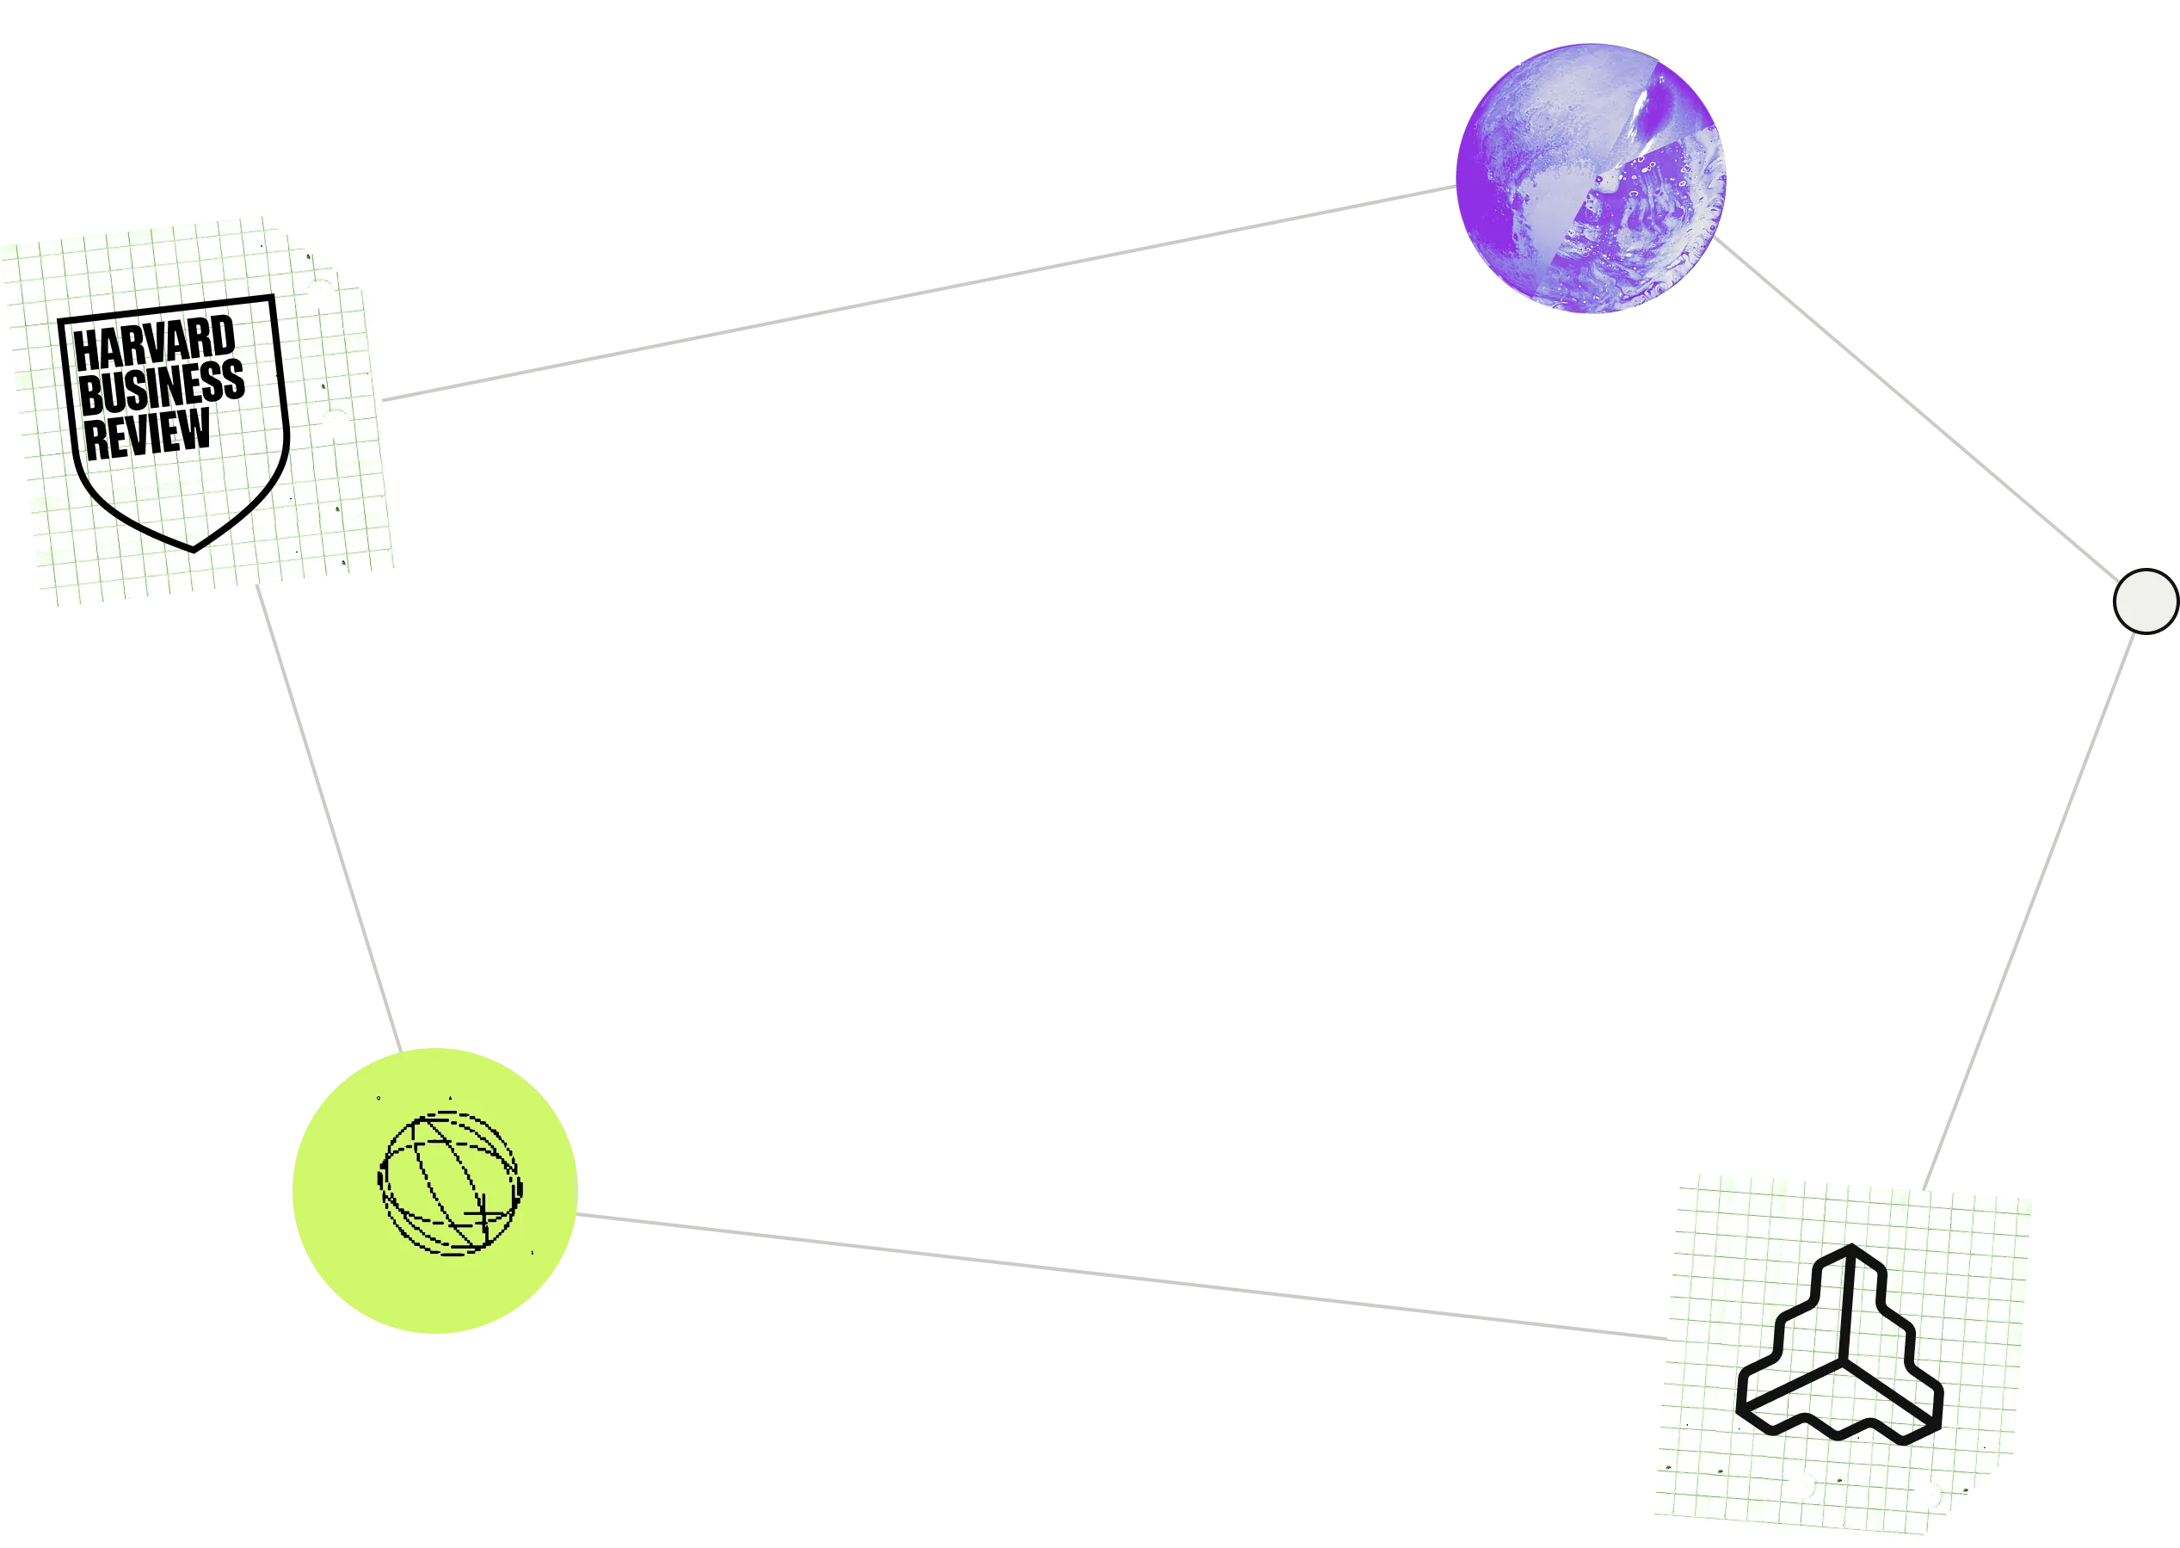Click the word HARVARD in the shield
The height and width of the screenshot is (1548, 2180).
click(154, 342)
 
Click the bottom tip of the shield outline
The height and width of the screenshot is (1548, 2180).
click(194, 549)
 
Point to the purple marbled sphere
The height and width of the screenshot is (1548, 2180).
click(1589, 178)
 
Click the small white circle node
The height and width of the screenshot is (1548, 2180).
click(2145, 601)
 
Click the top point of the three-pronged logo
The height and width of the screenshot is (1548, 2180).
click(1851, 1249)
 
